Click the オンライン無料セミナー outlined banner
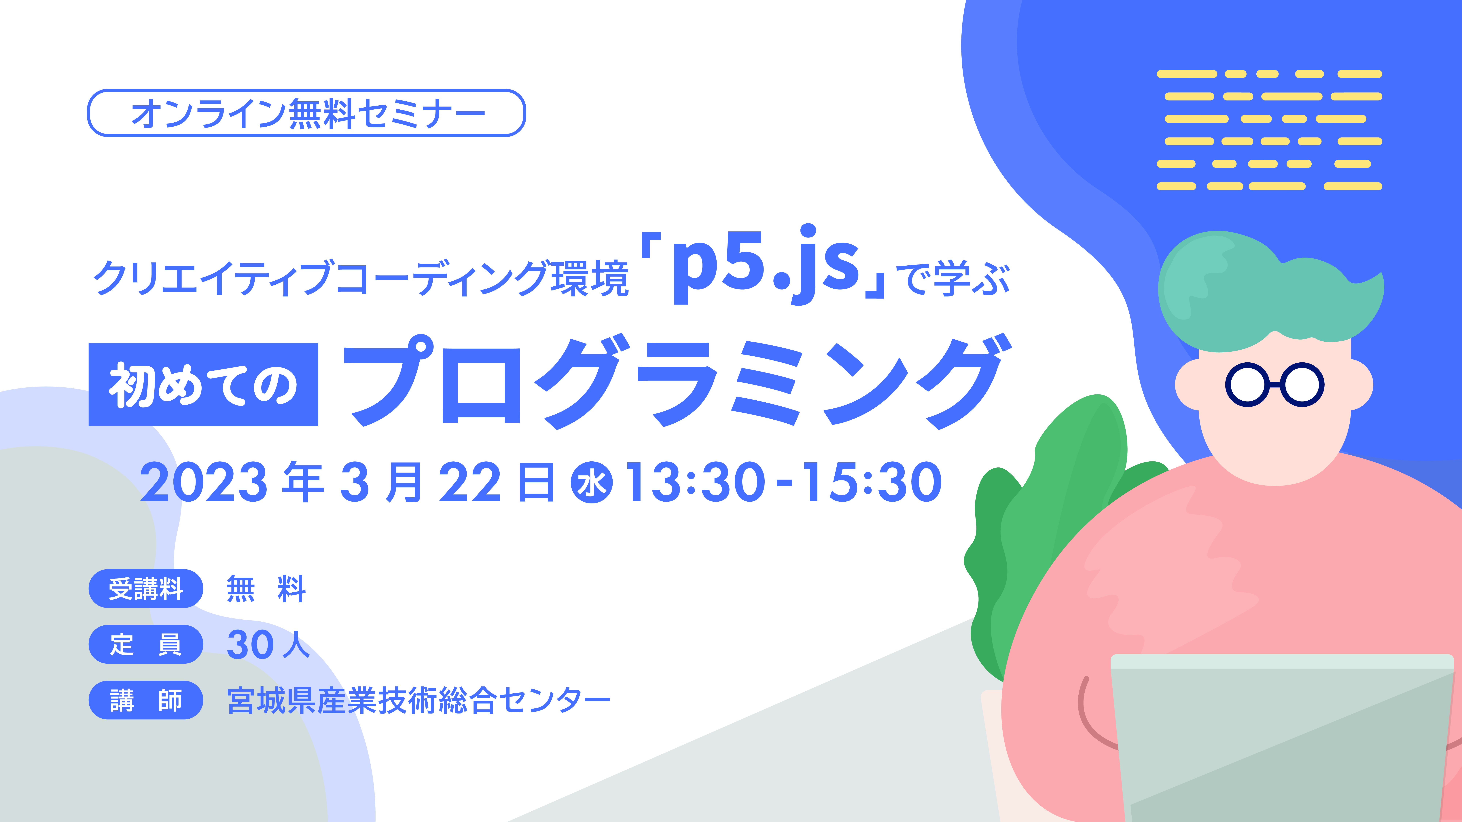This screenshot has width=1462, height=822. pyautogui.click(x=306, y=113)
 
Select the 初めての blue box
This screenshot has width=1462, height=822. pyautogui.click(x=203, y=385)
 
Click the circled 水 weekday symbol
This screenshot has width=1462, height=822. pyautogui.click(x=592, y=483)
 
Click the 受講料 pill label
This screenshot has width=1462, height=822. pyautogui.click(x=146, y=588)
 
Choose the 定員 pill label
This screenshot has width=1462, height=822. pyautogui.click(x=146, y=644)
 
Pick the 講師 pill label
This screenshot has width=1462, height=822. pyautogui.click(x=146, y=700)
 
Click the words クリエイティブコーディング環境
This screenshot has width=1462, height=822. pyautogui.click(x=361, y=278)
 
